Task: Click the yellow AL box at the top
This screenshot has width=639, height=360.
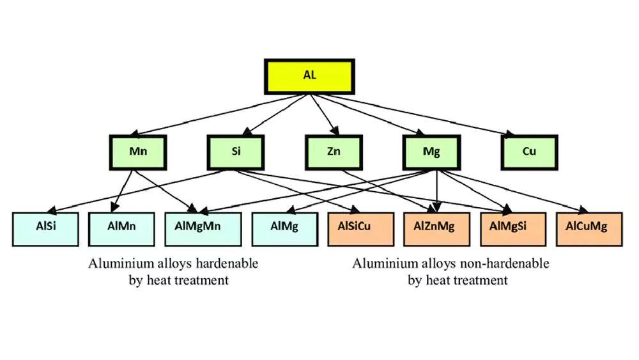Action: [310, 75]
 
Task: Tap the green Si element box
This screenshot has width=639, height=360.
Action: [236, 152]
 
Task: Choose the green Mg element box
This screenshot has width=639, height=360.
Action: [431, 152]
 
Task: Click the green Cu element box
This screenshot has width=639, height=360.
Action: [529, 152]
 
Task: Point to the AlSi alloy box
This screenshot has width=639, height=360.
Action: [46, 226]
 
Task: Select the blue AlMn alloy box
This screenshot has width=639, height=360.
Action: [121, 226]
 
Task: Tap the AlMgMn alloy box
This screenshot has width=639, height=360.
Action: [203, 226]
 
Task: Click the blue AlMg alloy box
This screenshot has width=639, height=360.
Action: [284, 226]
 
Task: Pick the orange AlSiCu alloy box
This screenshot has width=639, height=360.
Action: [359, 226]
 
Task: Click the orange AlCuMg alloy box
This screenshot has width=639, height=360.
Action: [586, 226]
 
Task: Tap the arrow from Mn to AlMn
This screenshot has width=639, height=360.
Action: [125, 189]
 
